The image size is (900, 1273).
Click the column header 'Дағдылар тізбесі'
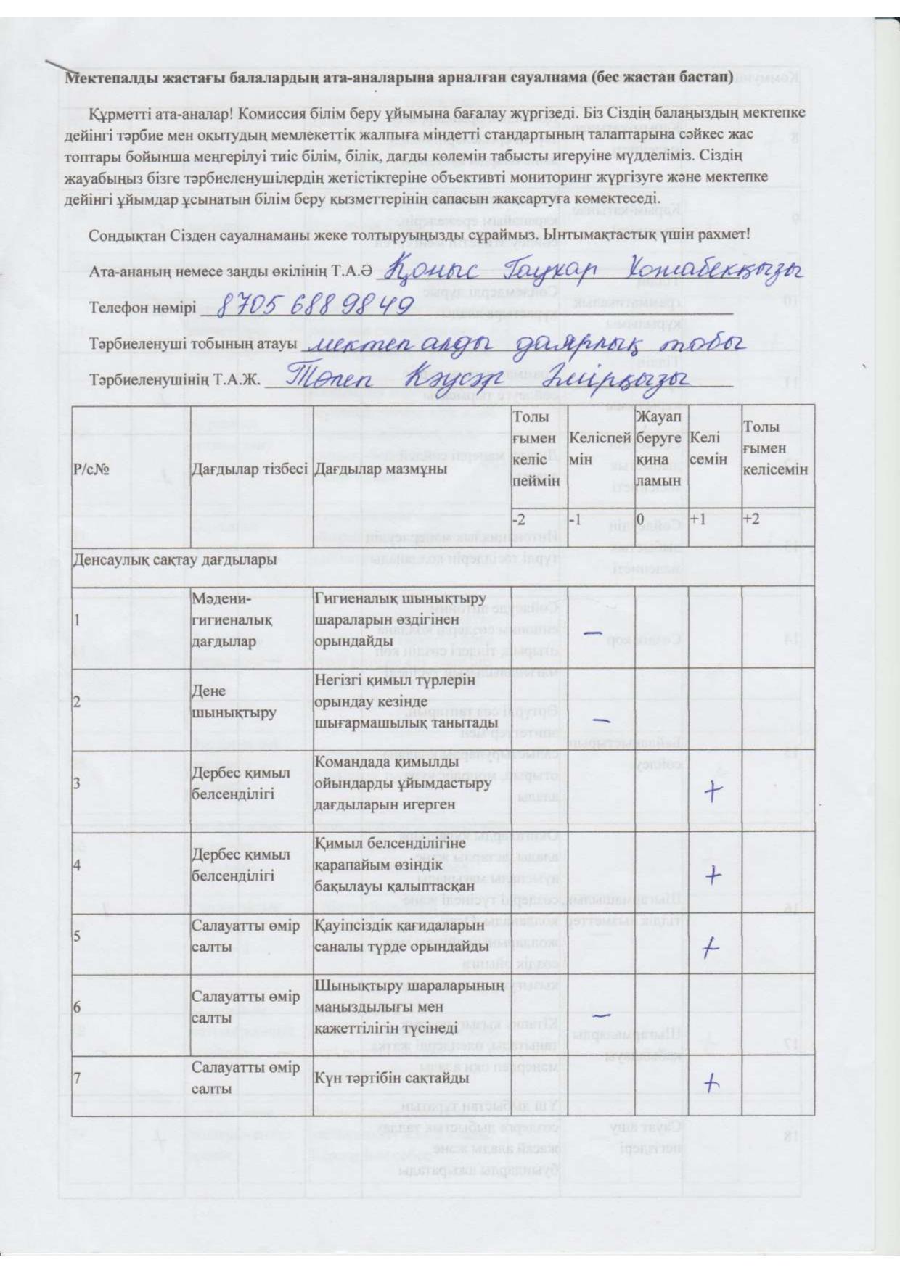point(250,469)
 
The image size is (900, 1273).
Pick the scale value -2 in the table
point(520,520)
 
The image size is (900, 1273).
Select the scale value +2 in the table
point(752,520)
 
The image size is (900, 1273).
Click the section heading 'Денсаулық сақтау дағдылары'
point(175,560)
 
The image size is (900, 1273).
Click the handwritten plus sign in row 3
point(713,792)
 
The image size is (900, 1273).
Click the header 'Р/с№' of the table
point(91,469)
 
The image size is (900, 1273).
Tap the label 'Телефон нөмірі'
point(143,308)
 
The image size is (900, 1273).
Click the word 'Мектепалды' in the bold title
point(110,77)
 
